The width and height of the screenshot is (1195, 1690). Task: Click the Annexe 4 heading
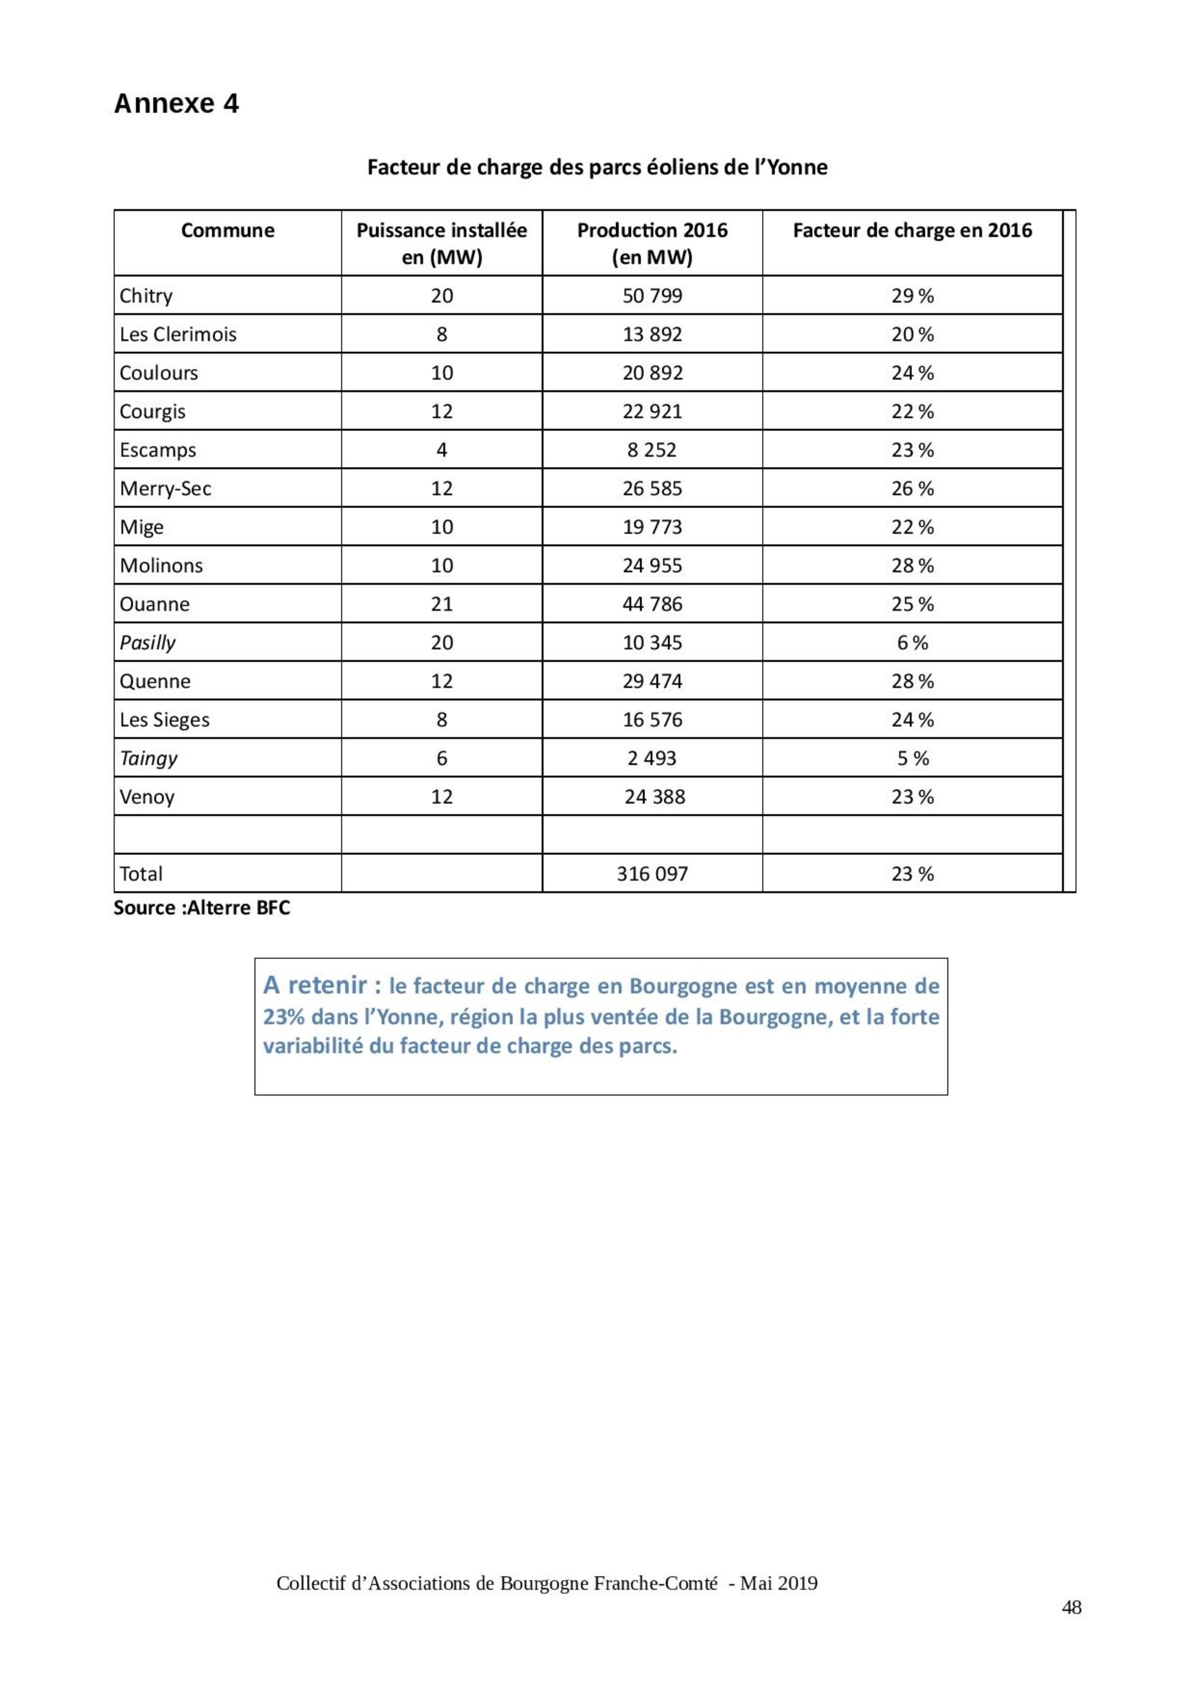176,104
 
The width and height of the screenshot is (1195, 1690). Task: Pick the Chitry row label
146,296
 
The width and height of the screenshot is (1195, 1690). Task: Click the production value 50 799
652,296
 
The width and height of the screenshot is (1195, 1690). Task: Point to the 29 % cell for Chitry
911,296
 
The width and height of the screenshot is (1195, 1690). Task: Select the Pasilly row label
147,642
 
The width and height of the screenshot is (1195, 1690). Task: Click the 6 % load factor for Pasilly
911,642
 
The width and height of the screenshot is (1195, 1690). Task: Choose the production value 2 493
652,758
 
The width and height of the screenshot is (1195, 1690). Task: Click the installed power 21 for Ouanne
441,604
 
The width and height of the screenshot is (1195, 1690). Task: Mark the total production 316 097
652,874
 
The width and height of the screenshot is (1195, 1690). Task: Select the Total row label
141,874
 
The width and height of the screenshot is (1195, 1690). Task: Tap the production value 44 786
652,604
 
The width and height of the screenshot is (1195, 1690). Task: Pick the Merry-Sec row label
165,489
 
